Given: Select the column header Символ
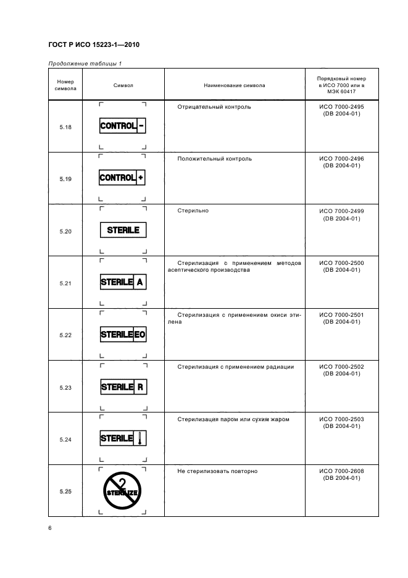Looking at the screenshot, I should click(x=123, y=86).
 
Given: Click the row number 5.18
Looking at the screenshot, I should click(x=65, y=127).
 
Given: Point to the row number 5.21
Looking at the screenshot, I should click(x=65, y=283).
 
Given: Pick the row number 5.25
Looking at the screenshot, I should click(x=65, y=492).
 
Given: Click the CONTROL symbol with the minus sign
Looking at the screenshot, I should click(x=123, y=126).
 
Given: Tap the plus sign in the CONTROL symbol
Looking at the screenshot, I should click(x=141, y=178).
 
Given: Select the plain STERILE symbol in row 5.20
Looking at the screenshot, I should click(x=123, y=230).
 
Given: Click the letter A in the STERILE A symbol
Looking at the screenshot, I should click(x=141, y=282).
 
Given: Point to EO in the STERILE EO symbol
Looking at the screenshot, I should click(x=140, y=335).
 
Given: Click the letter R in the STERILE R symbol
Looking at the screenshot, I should click(x=141, y=387).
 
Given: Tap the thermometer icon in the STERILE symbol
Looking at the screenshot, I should click(x=141, y=439).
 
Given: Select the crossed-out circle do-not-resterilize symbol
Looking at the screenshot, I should click(x=123, y=490).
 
